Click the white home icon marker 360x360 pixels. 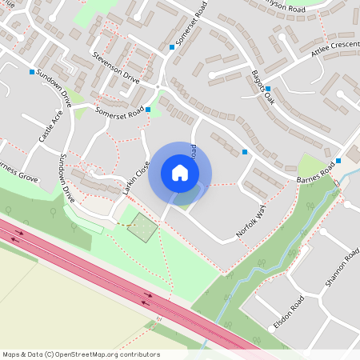pos(180,173)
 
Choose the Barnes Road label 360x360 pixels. pos(314,176)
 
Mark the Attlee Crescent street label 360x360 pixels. pos(336,54)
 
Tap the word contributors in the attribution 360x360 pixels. pos(138,354)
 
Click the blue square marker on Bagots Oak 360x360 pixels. pos(268,89)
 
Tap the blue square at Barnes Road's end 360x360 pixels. pos(338,161)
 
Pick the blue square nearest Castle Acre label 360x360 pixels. pos(32,73)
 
